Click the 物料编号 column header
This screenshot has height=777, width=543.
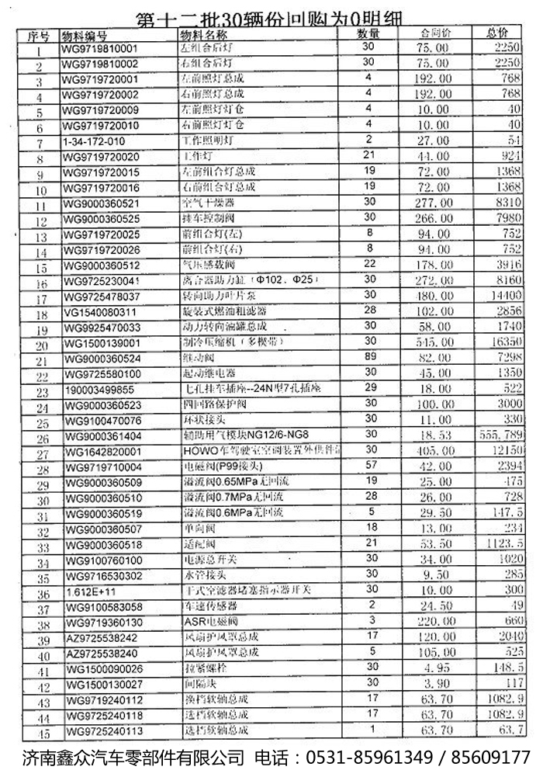point(85,36)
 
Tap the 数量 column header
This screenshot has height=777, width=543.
point(368,33)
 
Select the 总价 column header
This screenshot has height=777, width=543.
point(497,33)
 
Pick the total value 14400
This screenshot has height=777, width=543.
point(503,297)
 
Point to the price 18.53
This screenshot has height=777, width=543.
point(434,436)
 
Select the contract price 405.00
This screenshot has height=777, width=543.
point(434,451)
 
